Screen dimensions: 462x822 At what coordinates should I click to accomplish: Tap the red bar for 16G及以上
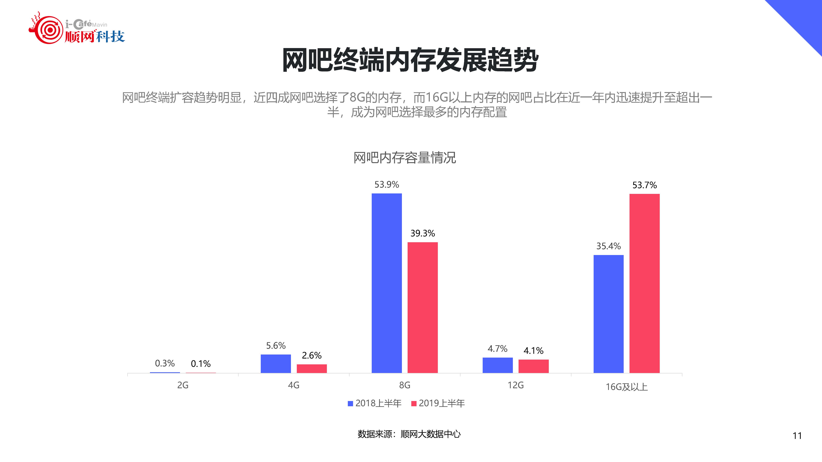click(x=644, y=283)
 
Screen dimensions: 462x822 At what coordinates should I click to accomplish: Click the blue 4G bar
click(x=276, y=363)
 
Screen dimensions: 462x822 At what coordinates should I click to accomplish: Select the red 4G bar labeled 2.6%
click(x=312, y=369)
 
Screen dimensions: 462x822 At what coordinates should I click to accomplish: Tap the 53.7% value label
click(x=644, y=185)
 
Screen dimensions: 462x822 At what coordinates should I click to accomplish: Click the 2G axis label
click(x=183, y=385)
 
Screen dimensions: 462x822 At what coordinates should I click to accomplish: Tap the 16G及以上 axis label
click(x=626, y=387)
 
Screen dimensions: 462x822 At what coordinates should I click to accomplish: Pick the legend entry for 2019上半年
click(x=438, y=403)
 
